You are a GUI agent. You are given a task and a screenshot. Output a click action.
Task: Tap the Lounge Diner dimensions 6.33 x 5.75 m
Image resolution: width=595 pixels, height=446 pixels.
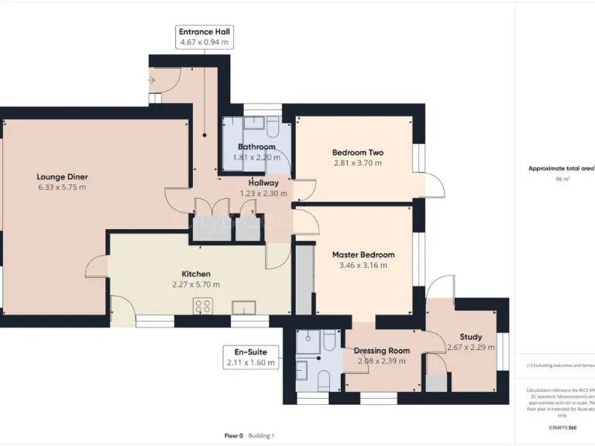tap(62, 187)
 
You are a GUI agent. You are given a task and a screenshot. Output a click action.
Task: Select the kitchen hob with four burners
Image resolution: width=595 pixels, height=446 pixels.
tap(203, 307)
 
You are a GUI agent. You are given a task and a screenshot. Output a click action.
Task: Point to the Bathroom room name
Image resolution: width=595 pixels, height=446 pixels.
tap(256, 147)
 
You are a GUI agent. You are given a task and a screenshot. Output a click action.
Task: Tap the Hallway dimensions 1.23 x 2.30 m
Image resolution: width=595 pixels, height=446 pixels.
tap(263, 194)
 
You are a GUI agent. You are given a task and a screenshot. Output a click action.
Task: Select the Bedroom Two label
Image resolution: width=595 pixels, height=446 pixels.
tap(357, 153)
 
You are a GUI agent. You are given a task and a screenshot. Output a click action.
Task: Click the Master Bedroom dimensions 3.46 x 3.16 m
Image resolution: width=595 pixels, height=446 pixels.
tap(363, 265)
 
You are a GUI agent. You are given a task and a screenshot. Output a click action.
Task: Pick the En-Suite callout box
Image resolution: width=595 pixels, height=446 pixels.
tap(250, 357)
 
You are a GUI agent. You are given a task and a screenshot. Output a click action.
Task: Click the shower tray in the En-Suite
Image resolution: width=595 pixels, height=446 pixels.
tap(308, 341)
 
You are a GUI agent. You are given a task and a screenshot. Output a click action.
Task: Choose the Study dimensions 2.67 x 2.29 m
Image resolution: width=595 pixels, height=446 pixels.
tap(470, 348)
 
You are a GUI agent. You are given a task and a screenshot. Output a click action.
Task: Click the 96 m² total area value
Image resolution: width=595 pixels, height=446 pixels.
tap(562, 179)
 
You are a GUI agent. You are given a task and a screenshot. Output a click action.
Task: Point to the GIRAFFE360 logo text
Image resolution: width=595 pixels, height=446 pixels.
tap(562, 427)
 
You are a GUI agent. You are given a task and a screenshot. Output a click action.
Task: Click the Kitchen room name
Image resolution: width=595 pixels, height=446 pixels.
tap(196, 274)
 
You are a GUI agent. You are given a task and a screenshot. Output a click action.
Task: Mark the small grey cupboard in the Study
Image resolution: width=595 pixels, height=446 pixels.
tap(438, 383)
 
